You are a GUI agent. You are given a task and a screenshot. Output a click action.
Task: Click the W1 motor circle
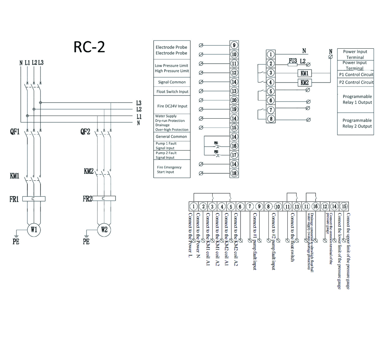pos(33,230)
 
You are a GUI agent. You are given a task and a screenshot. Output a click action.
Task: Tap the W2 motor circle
pos(104,230)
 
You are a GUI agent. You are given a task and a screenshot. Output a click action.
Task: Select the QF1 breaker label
pos(15,132)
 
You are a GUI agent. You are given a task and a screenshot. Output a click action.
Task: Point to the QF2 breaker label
pos(85,132)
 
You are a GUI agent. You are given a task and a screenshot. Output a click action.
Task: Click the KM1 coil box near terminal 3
pos(305,73)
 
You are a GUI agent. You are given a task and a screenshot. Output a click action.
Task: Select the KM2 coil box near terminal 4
pos(305,83)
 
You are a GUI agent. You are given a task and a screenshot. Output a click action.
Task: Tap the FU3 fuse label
pos(292,61)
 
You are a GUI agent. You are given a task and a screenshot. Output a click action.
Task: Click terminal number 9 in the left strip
pos(234,46)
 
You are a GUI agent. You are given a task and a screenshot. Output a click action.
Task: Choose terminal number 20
pos(234,100)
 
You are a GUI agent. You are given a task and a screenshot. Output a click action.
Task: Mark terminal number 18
pos(234,173)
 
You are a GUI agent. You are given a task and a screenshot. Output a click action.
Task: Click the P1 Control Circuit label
pos(356,74)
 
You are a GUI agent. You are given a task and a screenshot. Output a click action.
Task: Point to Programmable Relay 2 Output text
pos(357,123)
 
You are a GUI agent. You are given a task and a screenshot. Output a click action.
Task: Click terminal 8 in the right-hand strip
pos(271,119)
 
